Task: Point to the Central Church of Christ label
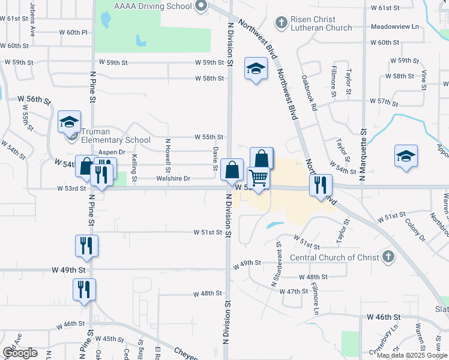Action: click(x=334, y=257)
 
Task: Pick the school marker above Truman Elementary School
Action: click(x=69, y=122)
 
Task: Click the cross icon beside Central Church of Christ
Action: click(x=388, y=257)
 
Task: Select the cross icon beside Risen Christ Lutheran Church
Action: click(x=280, y=23)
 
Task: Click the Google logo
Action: click(x=20, y=353)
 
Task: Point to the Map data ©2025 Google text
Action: click(x=412, y=355)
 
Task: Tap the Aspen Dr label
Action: click(x=111, y=152)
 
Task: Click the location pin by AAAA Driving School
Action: click(x=201, y=6)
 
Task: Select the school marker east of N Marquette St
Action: click(x=406, y=157)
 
